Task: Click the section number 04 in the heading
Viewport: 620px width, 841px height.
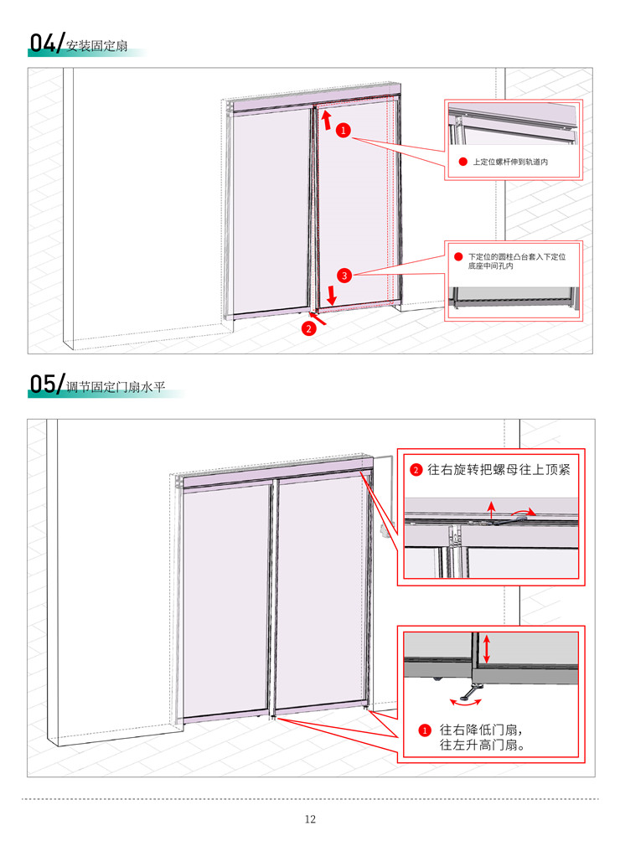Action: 43,43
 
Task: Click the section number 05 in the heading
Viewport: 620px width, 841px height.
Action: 43,384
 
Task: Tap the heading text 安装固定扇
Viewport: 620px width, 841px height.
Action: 97,45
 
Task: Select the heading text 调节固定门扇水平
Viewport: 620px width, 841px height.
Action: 116,387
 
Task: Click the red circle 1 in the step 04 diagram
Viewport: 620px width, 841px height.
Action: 344,130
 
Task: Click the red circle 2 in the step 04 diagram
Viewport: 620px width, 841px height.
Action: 308,328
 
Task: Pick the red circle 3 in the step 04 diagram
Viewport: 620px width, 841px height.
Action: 344,276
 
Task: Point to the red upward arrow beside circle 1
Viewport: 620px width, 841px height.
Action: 326,120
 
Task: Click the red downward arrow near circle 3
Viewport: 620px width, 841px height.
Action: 332,295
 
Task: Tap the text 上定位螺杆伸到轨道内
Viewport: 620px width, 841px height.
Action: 510,162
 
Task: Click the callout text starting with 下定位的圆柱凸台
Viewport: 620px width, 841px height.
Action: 516,261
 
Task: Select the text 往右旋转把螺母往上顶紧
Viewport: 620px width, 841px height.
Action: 499,470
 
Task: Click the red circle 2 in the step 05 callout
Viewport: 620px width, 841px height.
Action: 416,470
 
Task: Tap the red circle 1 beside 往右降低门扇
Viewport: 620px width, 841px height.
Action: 424,730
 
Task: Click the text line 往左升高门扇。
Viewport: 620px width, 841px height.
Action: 482,745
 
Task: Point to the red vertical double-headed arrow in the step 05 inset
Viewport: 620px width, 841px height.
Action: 487,649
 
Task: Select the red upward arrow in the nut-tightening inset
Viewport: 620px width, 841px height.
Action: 491,510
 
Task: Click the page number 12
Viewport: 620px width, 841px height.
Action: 310,819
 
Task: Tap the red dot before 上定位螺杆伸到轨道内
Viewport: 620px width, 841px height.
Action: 462,162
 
